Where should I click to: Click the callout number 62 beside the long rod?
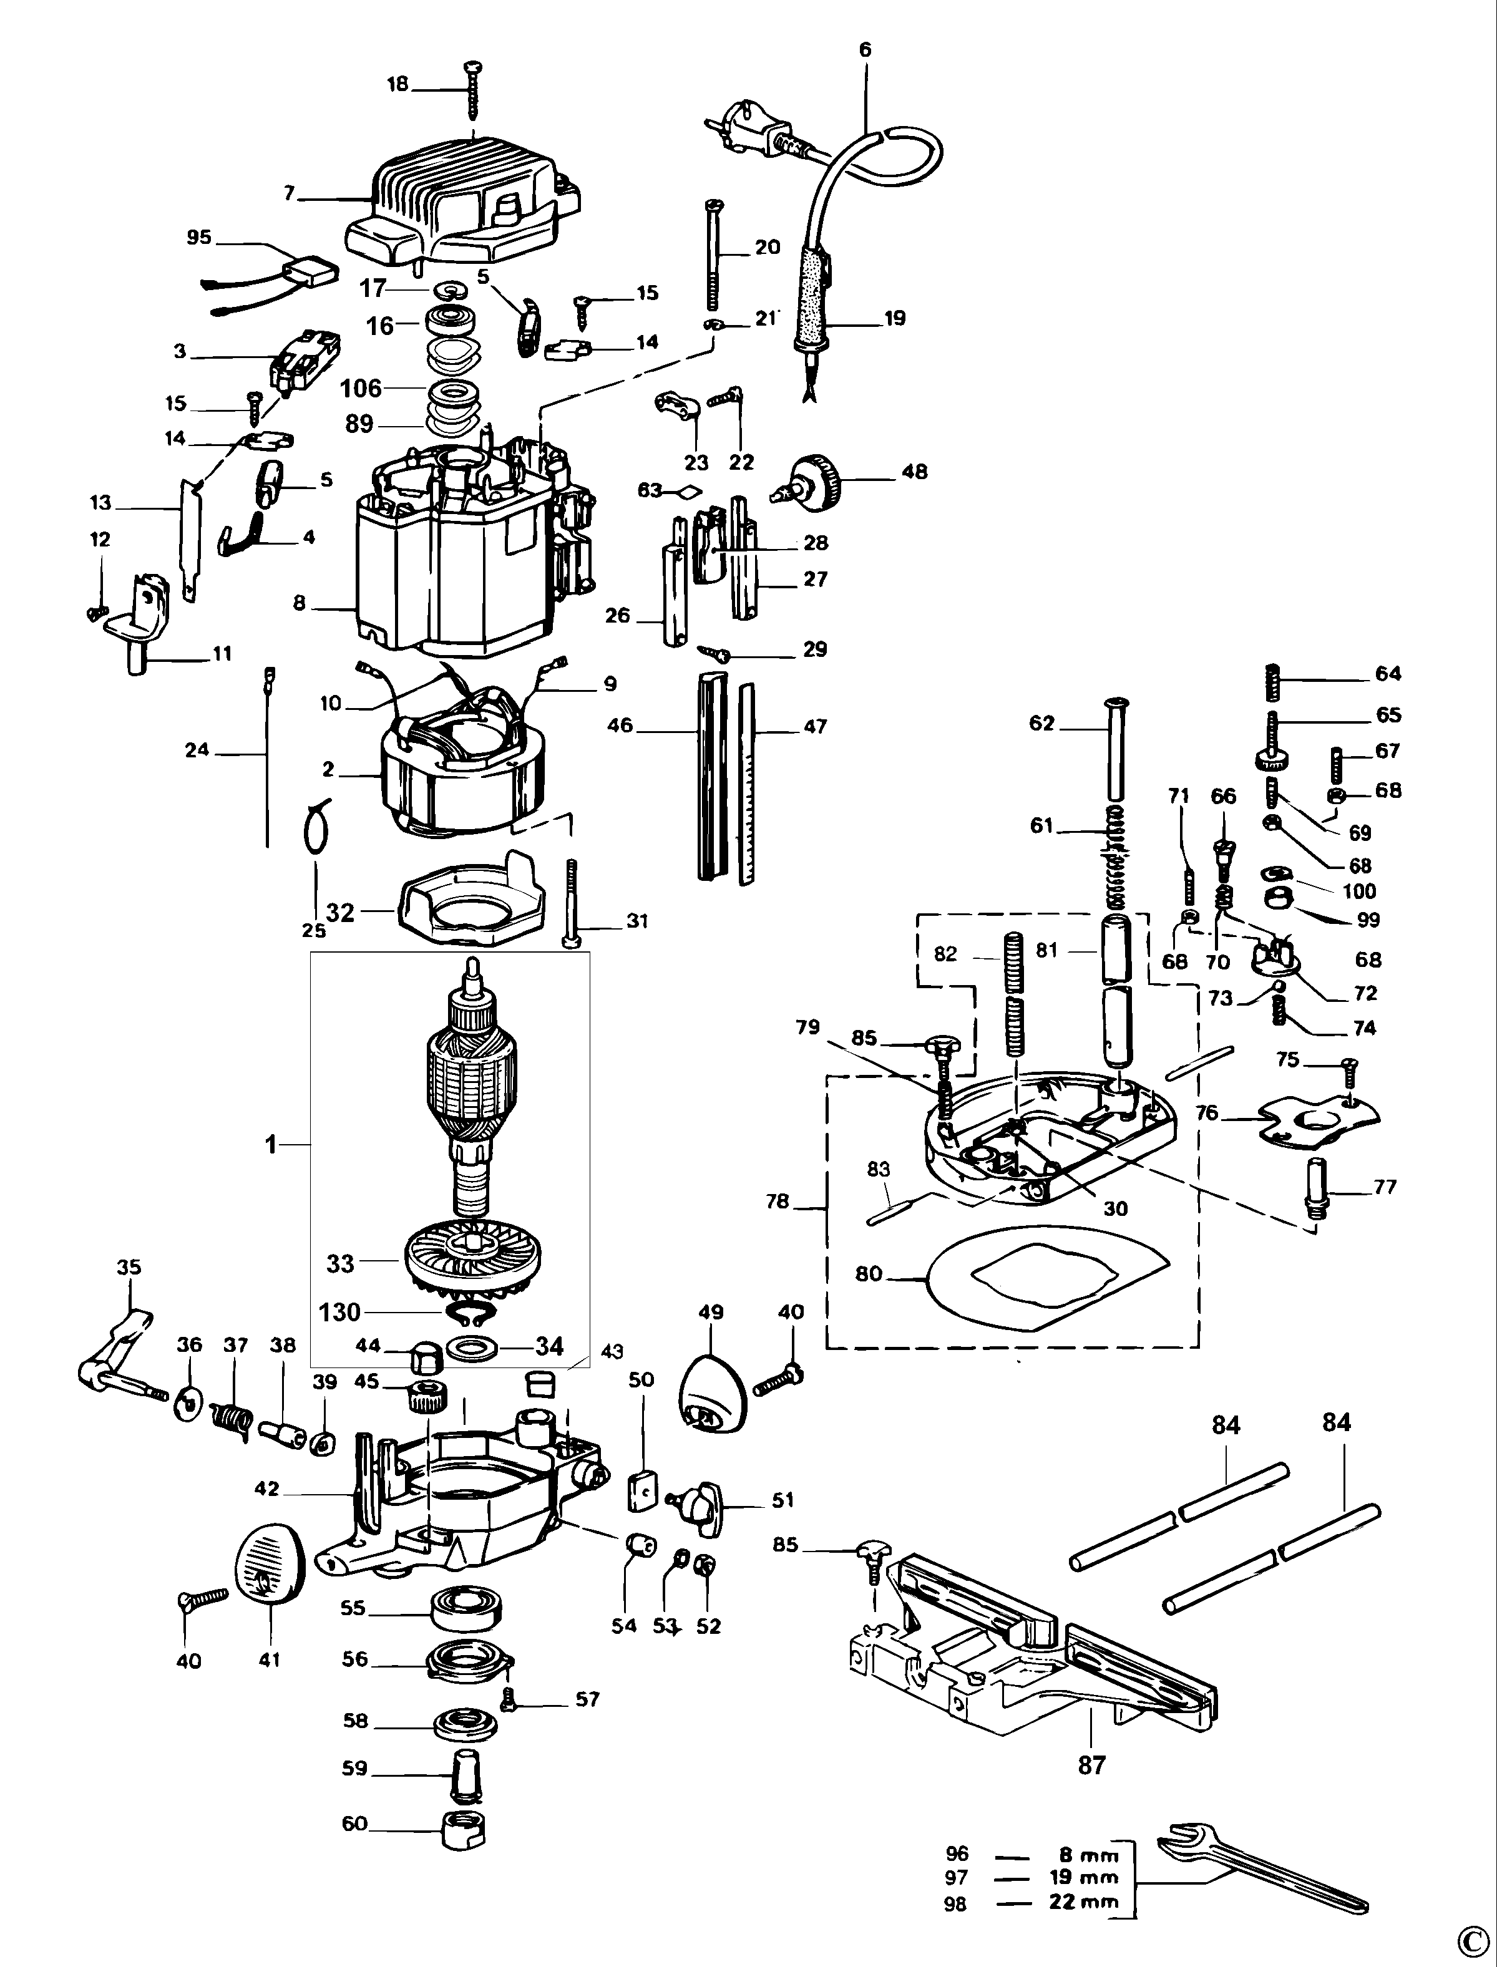pos(1041,724)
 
